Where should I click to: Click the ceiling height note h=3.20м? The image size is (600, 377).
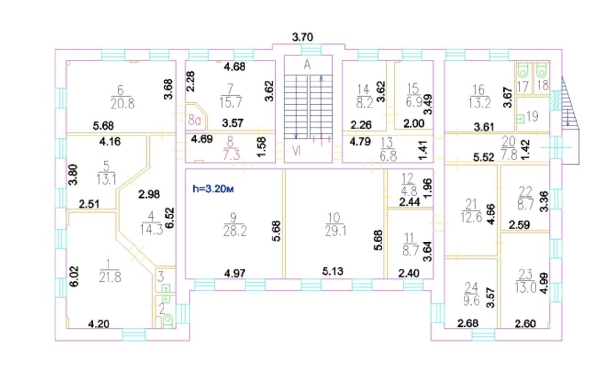click(213, 189)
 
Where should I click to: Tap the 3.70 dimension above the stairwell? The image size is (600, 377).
click(302, 37)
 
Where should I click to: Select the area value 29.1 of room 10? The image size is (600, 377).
click(335, 231)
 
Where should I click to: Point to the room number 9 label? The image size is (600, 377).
click(233, 217)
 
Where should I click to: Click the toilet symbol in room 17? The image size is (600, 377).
click(522, 71)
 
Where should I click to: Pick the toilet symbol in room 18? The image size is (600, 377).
click(542, 70)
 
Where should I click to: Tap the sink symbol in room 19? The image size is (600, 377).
click(520, 118)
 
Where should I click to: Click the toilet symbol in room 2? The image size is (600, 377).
click(168, 321)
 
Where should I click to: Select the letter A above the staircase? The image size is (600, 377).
click(307, 65)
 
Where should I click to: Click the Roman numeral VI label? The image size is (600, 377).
click(297, 152)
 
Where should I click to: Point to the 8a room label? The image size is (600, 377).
click(194, 120)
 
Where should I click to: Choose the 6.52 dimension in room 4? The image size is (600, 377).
click(169, 218)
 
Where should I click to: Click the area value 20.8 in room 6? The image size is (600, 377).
click(122, 104)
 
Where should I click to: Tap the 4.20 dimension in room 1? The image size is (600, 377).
click(99, 324)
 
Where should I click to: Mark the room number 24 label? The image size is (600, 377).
click(471, 288)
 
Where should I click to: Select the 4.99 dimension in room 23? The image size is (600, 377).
click(545, 283)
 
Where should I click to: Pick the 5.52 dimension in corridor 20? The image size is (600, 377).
click(484, 157)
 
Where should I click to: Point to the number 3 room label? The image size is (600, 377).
click(161, 277)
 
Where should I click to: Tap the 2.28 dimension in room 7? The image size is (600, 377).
click(191, 81)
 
